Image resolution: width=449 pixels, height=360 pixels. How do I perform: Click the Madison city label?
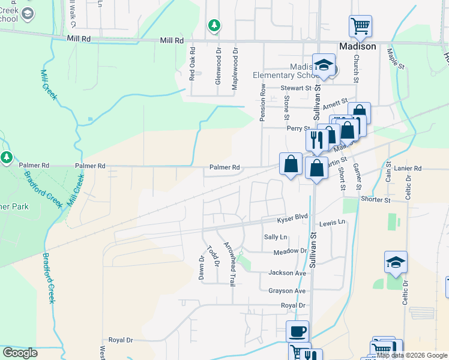tap(357, 46)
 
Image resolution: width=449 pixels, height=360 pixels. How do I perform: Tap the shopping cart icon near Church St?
tap(360, 26)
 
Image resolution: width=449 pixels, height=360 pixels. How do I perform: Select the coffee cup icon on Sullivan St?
tap(297, 331)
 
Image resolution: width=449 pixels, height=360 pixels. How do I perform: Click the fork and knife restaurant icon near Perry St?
tap(316, 140)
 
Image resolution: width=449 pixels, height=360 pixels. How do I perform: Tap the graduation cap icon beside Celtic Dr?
tap(396, 262)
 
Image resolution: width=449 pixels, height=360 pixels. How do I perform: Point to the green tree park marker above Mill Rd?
tap(214, 25)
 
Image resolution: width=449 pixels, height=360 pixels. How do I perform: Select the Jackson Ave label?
tap(287, 273)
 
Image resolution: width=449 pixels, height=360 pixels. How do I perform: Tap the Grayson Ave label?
tap(287, 291)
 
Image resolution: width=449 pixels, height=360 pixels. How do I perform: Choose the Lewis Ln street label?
tap(333, 223)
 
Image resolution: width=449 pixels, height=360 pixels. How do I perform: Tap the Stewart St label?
tap(296, 88)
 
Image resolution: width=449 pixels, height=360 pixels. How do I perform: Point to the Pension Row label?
tap(262, 103)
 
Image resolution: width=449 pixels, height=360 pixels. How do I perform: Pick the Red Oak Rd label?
tap(192, 64)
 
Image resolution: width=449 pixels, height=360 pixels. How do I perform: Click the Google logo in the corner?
tap(20, 353)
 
